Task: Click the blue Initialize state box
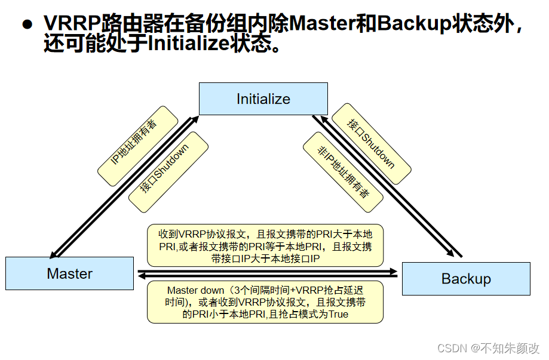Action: [x=263, y=99]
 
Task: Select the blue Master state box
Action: [x=69, y=273]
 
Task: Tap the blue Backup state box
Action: [x=466, y=278]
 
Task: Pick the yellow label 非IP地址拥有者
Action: [x=343, y=172]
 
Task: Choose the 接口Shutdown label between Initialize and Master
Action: [x=168, y=172]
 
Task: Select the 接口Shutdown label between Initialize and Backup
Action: [x=371, y=143]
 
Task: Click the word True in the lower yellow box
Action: [x=338, y=314]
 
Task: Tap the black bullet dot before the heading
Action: [x=26, y=24]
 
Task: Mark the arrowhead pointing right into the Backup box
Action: [x=394, y=270]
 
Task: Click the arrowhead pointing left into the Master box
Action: [x=141, y=276]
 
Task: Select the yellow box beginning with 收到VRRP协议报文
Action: [x=265, y=245]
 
